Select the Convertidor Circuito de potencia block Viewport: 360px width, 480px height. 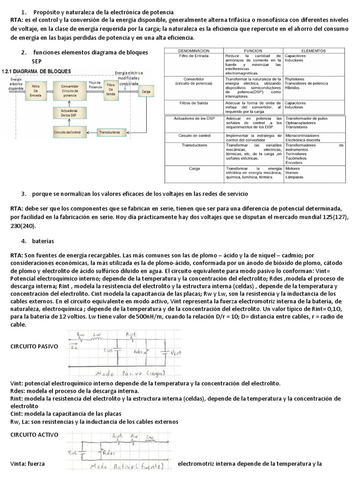click(x=69, y=90)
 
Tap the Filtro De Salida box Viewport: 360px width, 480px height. click(x=111, y=90)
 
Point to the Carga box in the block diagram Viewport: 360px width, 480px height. click(x=146, y=92)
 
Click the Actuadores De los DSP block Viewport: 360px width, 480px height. click(x=69, y=112)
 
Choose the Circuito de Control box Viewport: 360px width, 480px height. click(x=67, y=133)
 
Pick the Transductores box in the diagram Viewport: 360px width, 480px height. click(x=109, y=133)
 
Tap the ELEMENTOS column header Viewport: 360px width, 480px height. click(x=314, y=50)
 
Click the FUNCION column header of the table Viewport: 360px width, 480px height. click(x=253, y=50)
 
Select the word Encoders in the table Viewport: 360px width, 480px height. click(x=294, y=163)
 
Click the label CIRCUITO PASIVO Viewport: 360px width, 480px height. click(x=34, y=346)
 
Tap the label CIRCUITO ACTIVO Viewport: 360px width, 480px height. click(x=34, y=435)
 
